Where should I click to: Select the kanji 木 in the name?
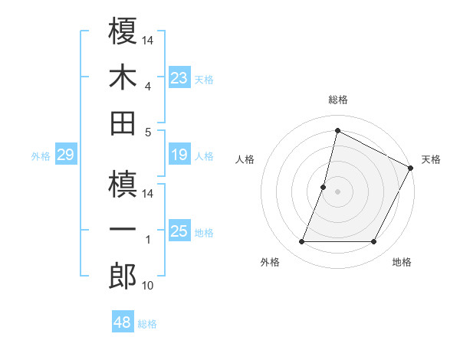point(123,77)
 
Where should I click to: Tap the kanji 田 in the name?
point(123,123)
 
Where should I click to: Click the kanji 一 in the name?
point(123,230)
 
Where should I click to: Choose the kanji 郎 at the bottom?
point(123,276)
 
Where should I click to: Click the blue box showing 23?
point(179,78)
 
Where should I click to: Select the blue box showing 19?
point(179,155)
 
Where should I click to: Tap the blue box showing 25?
point(179,232)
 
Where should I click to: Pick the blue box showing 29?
point(65,155)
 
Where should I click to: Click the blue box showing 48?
point(122,322)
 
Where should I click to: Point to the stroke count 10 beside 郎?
point(148,286)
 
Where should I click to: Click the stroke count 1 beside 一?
point(148,240)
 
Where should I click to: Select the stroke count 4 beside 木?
point(148,87)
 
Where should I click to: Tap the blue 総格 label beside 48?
point(147,324)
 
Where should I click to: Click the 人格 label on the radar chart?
point(245,159)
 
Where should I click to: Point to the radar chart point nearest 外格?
point(301,242)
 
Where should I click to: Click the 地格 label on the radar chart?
point(402,263)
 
